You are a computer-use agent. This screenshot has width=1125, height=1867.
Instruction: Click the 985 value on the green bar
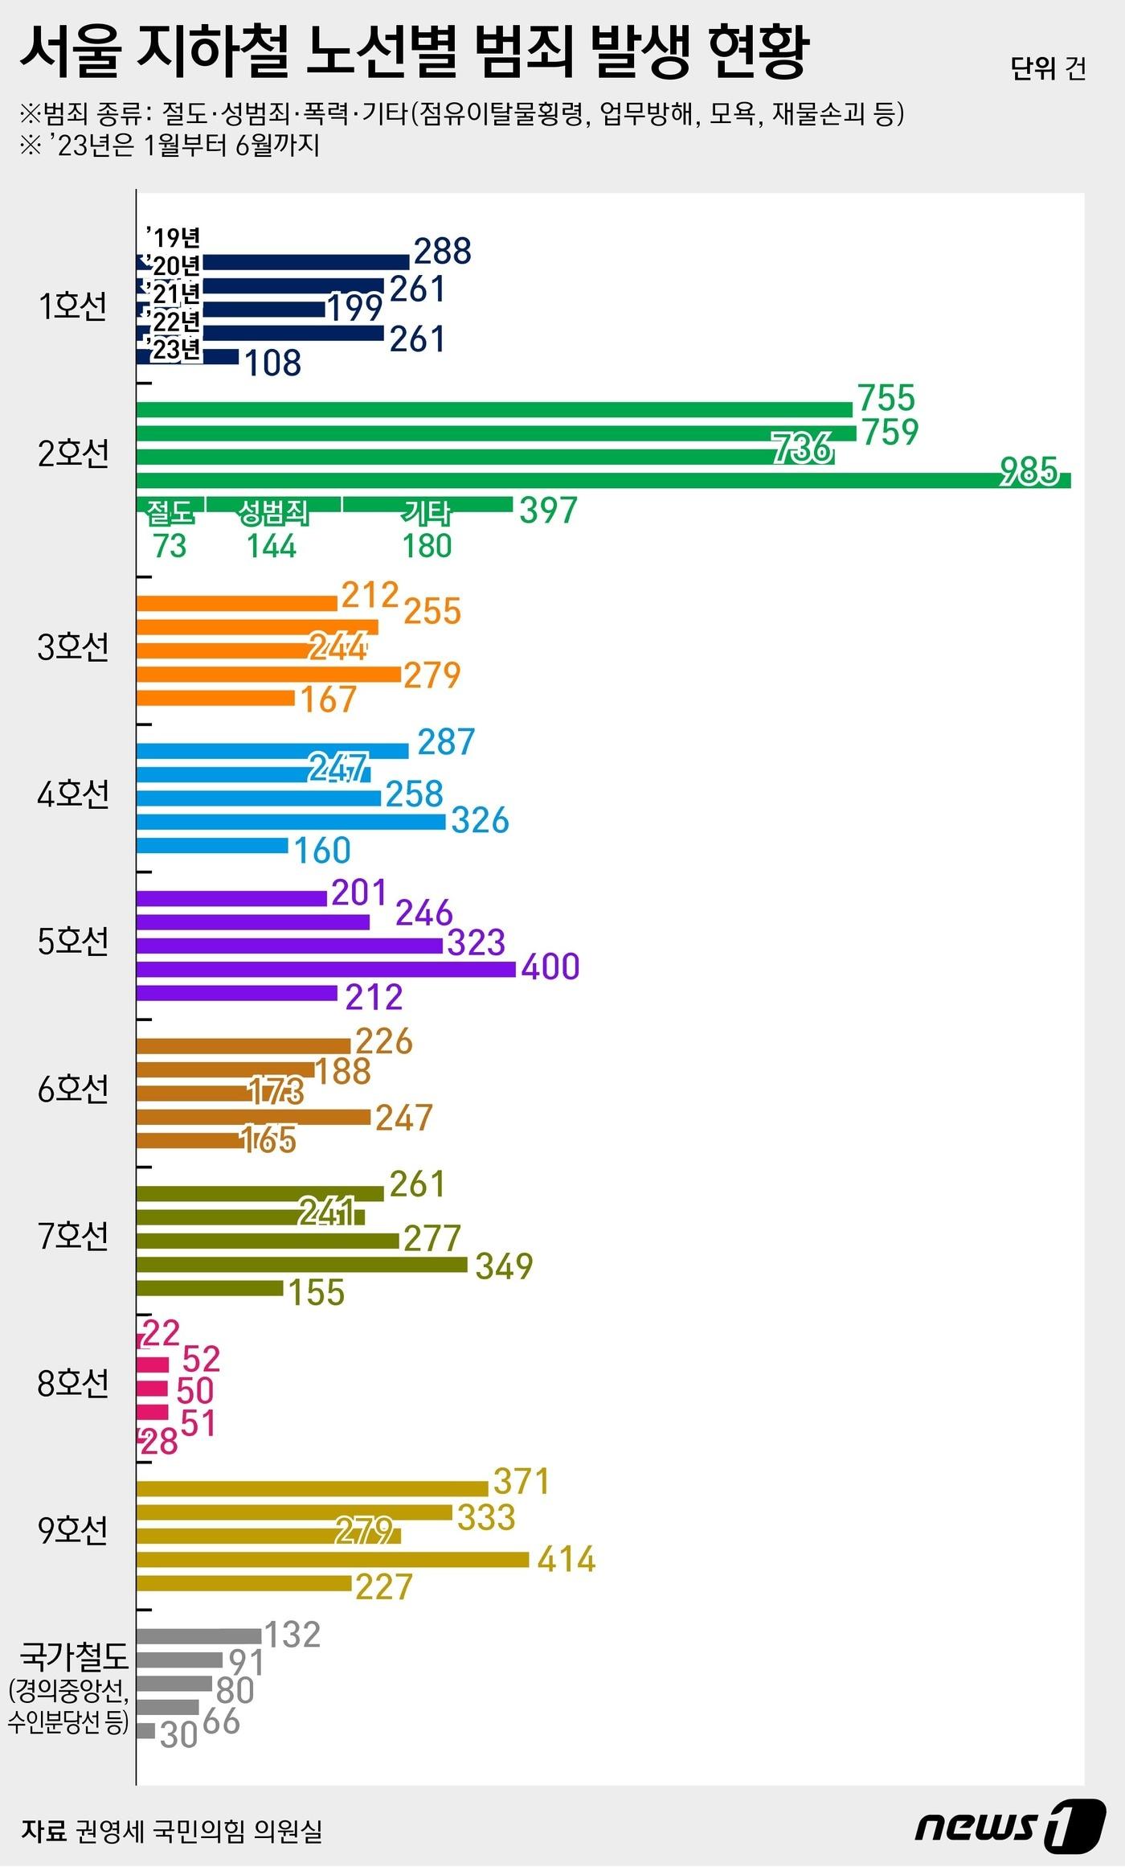click(1029, 471)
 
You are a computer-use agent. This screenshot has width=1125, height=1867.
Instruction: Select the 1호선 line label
click(72, 306)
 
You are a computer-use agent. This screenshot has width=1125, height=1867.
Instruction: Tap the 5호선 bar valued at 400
click(325, 969)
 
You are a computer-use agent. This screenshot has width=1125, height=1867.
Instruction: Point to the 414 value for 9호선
click(567, 1559)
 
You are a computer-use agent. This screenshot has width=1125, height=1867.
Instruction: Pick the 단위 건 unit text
click(1049, 68)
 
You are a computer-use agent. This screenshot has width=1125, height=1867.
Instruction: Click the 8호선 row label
click(72, 1383)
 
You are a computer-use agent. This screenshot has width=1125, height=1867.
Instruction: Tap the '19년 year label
click(173, 237)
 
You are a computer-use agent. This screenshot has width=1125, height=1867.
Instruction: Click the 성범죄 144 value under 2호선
click(272, 546)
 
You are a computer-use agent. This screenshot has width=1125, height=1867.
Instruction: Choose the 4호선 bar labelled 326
click(291, 822)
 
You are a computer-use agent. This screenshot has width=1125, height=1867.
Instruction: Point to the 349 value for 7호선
click(505, 1266)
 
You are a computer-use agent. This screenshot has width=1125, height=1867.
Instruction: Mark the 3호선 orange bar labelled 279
click(268, 674)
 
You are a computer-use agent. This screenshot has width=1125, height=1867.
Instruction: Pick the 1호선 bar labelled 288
click(273, 262)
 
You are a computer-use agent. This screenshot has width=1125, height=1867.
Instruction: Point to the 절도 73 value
click(170, 546)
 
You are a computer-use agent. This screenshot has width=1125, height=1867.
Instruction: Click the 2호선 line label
click(73, 454)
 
